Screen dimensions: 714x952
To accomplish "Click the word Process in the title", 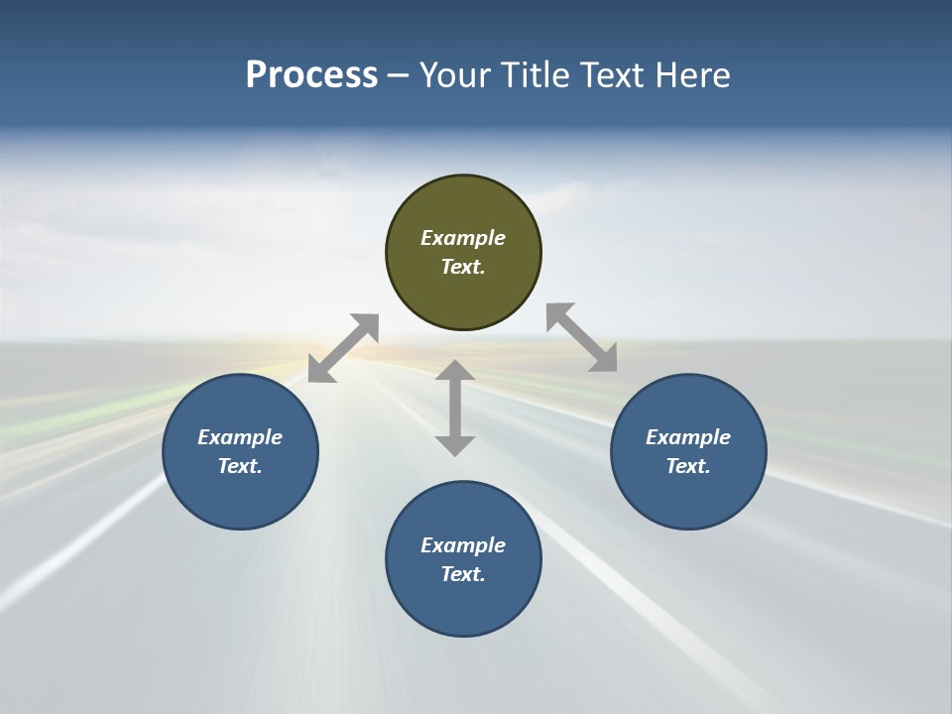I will [x=311, y=75].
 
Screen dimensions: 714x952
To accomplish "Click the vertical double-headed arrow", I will [x=455, y=408].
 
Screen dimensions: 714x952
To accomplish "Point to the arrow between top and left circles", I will [x=343, y=348].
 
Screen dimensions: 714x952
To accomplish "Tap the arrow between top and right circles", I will [x=582, y=337].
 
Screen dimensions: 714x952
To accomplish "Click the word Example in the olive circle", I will [x=463, y=238].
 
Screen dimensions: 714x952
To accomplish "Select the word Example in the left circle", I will [x=240, y=437].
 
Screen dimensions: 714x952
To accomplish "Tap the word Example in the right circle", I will [x=688, y=437].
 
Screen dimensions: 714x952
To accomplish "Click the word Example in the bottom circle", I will [x=463, y=545].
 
